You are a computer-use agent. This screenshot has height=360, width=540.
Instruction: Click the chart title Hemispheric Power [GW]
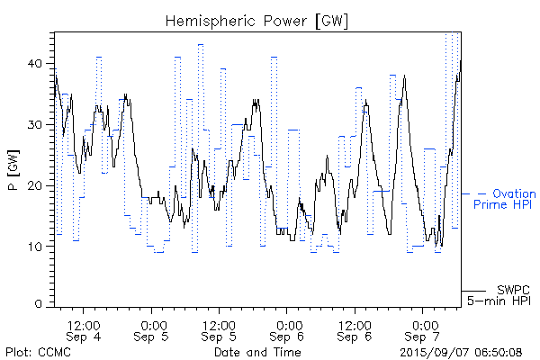point(256,20)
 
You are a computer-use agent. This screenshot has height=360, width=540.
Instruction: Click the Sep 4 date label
point(84,337)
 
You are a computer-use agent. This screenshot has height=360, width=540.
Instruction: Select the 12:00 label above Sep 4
point(84,323)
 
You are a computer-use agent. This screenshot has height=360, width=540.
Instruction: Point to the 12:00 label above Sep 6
point(355,323)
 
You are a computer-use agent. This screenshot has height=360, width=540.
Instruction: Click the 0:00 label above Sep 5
point(152,323)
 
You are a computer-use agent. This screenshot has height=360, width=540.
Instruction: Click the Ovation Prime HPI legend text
point(504,199)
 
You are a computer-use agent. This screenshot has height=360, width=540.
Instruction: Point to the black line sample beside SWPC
point(473,291)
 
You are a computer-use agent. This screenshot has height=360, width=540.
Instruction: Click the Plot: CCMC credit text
point(37,351)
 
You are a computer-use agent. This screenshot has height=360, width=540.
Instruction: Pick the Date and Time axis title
point(256,351)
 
